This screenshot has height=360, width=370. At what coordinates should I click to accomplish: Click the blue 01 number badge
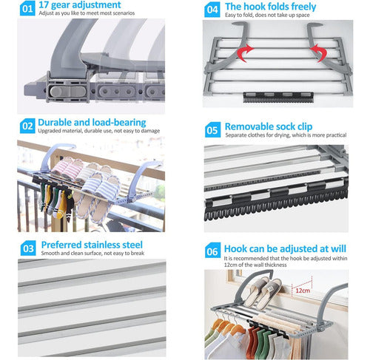pos(27,9)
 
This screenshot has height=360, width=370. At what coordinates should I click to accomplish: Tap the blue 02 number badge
pos(27,126)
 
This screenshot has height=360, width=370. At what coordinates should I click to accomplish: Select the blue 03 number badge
pos(28,248)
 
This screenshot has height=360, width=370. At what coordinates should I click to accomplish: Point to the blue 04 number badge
pos(212,10)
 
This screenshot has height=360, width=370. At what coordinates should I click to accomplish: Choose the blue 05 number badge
pos(212,130)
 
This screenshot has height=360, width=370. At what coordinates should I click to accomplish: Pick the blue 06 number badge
pos(212,251)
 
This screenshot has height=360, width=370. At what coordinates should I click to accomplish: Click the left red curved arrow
pos(245,52)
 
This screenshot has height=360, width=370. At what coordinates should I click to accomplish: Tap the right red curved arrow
pos(319,52)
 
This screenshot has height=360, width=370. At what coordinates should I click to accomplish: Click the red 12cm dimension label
pos(303,291)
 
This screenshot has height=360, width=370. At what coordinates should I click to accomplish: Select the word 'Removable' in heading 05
pos(249,126)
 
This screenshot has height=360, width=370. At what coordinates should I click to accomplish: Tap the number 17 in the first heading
pos(44,4)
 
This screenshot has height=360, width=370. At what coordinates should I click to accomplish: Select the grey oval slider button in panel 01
pos(68,92)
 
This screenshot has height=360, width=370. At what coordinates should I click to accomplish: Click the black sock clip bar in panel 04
pos(278,98)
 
